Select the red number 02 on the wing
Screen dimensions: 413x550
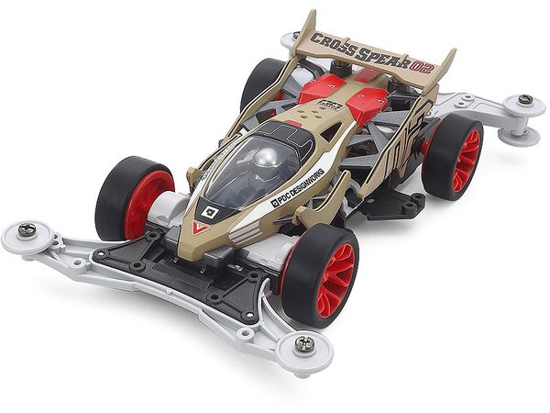(x=423, y=67)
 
